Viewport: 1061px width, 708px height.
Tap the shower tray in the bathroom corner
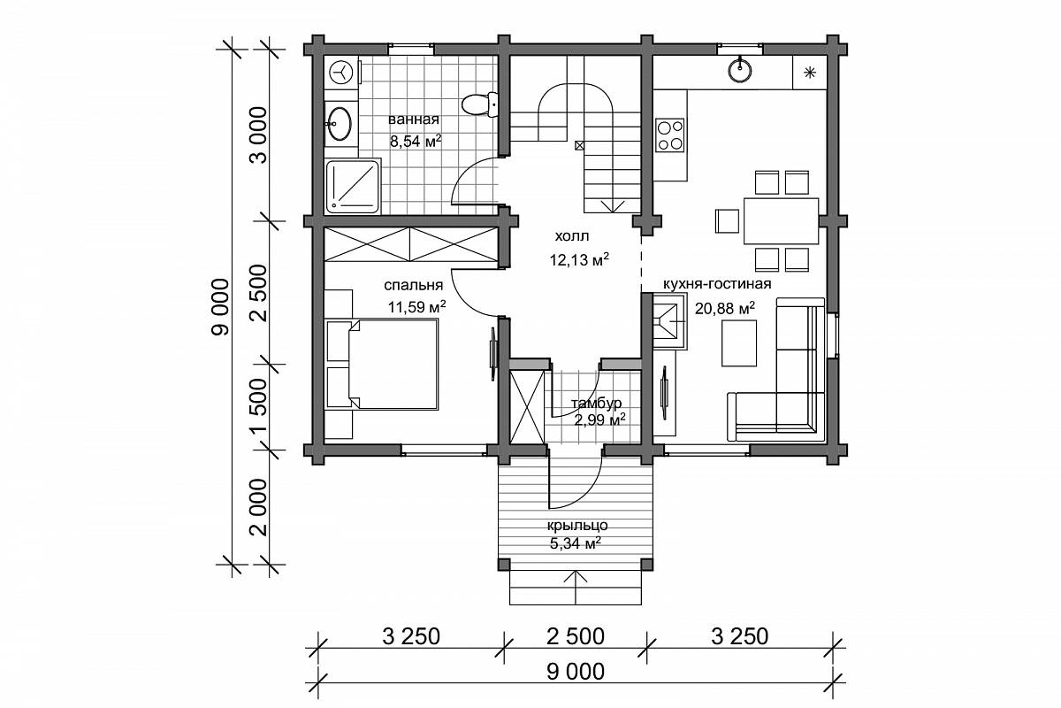tap(354, 187)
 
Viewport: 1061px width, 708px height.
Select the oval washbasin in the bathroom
tap(340, 124)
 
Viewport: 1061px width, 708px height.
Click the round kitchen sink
tap(739, 71)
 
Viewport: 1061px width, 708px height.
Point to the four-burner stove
tap(670, 135)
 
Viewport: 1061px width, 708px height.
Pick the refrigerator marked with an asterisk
tap(810, 72)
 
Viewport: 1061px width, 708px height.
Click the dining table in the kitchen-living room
tap(781, 221)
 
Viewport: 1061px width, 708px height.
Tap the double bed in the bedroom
tap(382, 365)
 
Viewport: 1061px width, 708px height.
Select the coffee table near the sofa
tap(739, 343)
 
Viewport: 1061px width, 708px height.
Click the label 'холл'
tap(572, 235)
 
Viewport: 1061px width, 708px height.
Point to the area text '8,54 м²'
tap(416, 141)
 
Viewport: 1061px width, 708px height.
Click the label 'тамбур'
tap(596, 404)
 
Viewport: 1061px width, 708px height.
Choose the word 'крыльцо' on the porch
tap(577, 526)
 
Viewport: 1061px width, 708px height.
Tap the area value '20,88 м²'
tap(725, 309)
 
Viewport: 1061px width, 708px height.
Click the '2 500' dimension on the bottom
tap(576, 637)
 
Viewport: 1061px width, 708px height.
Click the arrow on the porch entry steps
tap(576, 587)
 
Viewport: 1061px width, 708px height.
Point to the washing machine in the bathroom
tap(341, 73)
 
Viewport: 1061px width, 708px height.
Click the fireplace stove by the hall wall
tap(670, 321)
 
